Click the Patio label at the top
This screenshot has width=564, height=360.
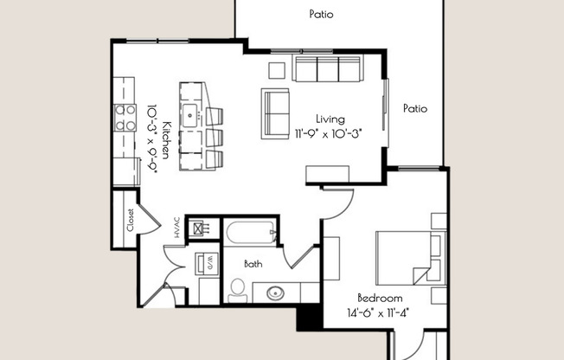(x=321, y=14)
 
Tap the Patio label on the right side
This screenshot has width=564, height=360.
(x=415, y=109)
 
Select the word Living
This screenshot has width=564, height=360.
(x=330, y=119)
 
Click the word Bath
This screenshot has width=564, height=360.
(x=253, y=264)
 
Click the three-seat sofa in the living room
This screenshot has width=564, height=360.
(x=328, y=68)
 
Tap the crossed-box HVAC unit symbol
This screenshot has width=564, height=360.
(x=201, y=229)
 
